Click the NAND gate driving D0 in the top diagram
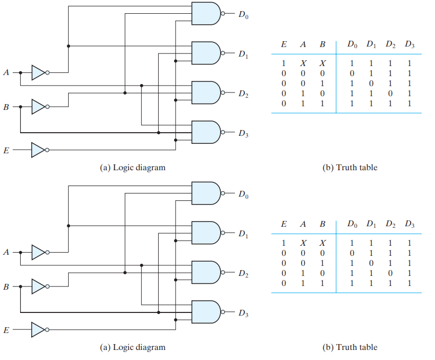(205, 13)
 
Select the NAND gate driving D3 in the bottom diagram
(205, 312)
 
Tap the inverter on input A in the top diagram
(39, 72)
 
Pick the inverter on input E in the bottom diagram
(39, 330)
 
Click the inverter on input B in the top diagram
(39, 107)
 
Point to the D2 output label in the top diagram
(243, 94)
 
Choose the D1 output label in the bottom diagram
(243, 234)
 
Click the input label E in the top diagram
(6, 151)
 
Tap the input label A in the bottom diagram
(6, 253)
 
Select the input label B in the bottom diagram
(6, 287)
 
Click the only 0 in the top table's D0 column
(352, 73)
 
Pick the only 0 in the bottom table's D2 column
(390, 273)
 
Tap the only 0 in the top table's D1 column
(371, 83)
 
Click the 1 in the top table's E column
(284, 63)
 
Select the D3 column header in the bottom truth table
(409, 225)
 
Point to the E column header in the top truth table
(284, 45)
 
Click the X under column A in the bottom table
(303, 243)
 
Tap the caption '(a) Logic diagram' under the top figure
(133, 168)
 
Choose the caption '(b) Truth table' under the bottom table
(350, 347)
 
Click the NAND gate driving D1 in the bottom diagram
(205, 233)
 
